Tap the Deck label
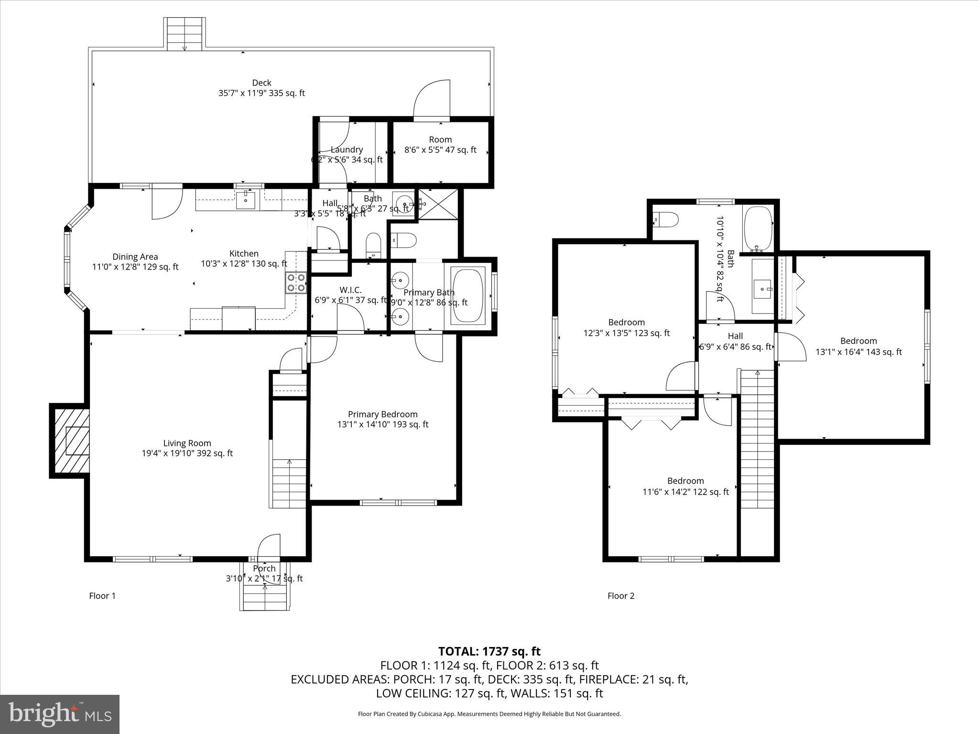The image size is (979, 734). tap(261, 83)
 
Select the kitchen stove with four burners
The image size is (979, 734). tap(296, 282)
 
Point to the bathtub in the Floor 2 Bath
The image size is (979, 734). tap(758, 228)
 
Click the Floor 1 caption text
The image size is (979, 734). tap(102, 596)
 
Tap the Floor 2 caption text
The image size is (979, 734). tap(620, 596)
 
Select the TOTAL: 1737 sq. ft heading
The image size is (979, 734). tap(489, 651)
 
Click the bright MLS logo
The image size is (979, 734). tap(60, 713)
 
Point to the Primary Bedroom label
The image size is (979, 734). tap(382, 414)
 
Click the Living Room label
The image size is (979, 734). tap(187, 443)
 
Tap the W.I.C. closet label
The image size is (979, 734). tap(350, 290)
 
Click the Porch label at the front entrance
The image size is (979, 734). tap(264, 568)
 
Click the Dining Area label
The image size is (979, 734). tap(135, 257)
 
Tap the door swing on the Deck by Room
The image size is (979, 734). tap(432, 99)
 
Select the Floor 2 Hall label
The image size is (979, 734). tap(735, 336)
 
